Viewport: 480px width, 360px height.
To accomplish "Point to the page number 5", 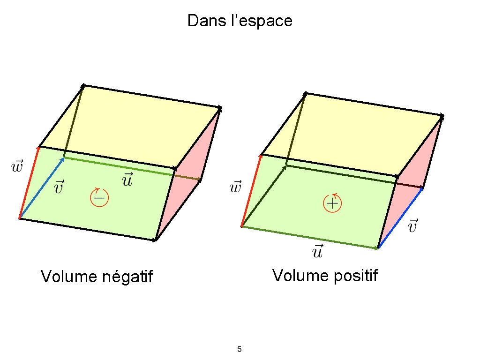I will (x=240, y=349).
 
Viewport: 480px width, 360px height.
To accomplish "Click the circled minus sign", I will (x=99, y=198).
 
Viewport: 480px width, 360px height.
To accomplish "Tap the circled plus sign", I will (x=332, y=203).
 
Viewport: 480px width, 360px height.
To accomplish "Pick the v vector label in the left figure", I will (x=60, y=187).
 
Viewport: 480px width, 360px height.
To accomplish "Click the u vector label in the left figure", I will (x=127, y=180).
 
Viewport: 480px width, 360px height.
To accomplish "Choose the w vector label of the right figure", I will (x=235, y=188).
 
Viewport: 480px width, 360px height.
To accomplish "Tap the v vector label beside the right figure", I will (x=412, y=226).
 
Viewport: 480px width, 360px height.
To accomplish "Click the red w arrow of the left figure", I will (x=29, y=183).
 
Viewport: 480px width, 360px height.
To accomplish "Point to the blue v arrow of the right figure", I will (x=400, y=218).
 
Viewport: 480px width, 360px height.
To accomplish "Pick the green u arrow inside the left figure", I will (x=117, y=166).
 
